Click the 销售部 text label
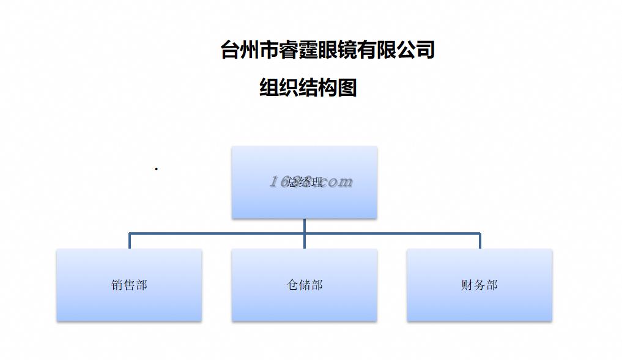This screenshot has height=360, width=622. [x=129, y=285]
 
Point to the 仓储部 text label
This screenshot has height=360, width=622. [x=305, y=285]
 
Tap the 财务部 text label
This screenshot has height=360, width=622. [x=479, y=285]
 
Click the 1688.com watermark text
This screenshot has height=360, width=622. [x=311, y=182]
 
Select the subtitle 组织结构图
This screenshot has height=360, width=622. [x=308, y=88]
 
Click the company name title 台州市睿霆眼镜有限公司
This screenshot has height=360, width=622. [x=327, y=50]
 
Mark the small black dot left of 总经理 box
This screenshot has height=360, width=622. [x=157, y=169]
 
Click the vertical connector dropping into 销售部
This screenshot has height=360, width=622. [x=129, y=241]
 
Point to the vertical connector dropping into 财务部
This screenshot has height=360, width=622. [x=479, y=241]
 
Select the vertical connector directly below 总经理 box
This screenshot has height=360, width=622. [x=304, y=226]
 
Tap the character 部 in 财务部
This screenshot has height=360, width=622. [x=492, y=285]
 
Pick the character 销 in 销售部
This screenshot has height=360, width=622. [x=117, y=285]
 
